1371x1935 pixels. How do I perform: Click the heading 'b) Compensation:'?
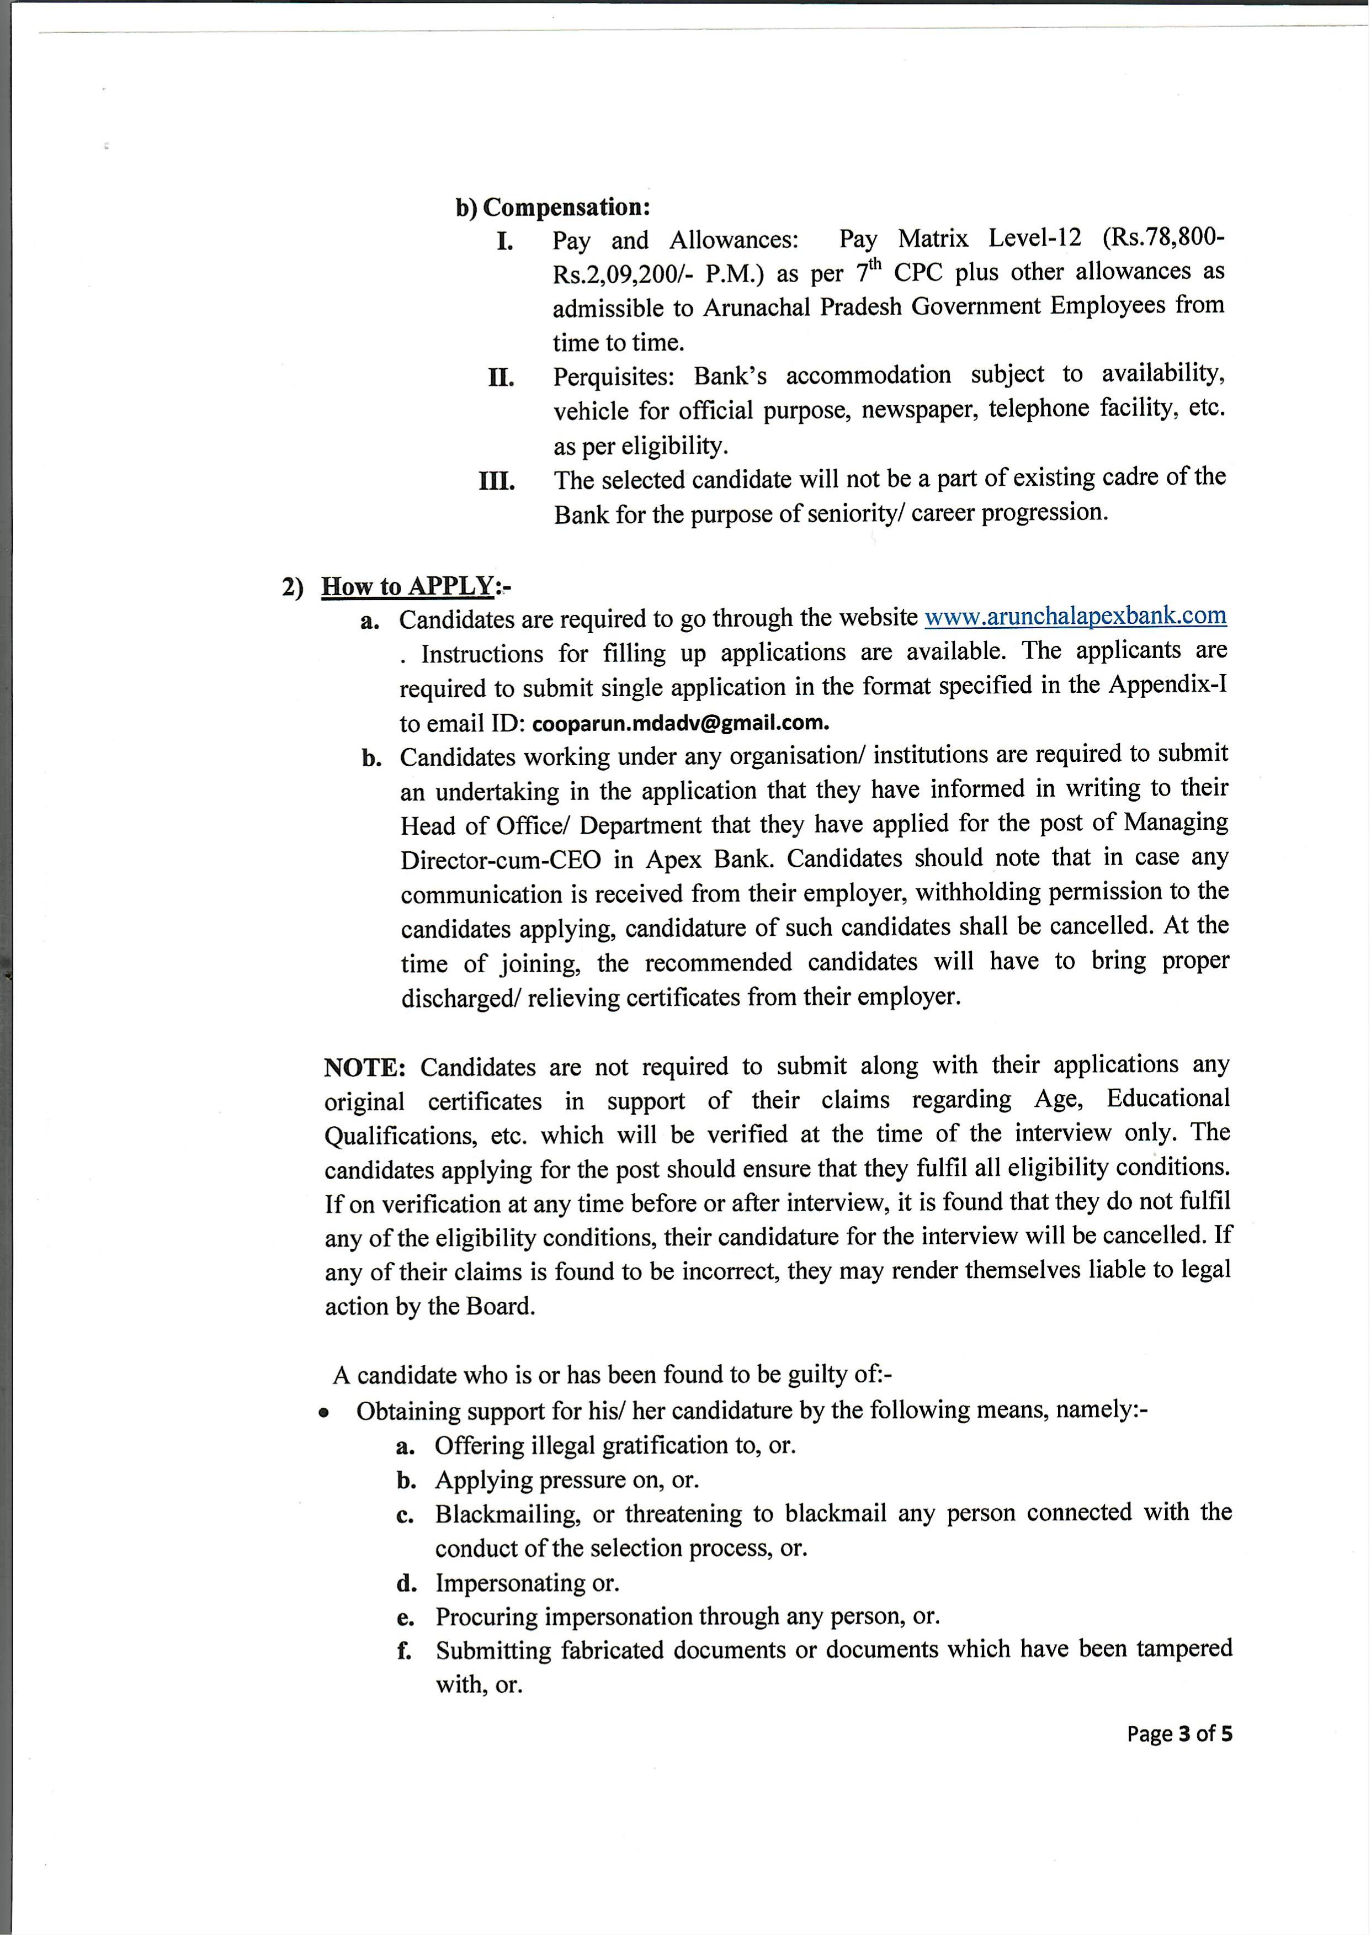pos(553,207)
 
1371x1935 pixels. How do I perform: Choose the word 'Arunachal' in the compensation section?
pos(757,308)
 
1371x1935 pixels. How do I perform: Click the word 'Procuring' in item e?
pos(485,1616)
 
